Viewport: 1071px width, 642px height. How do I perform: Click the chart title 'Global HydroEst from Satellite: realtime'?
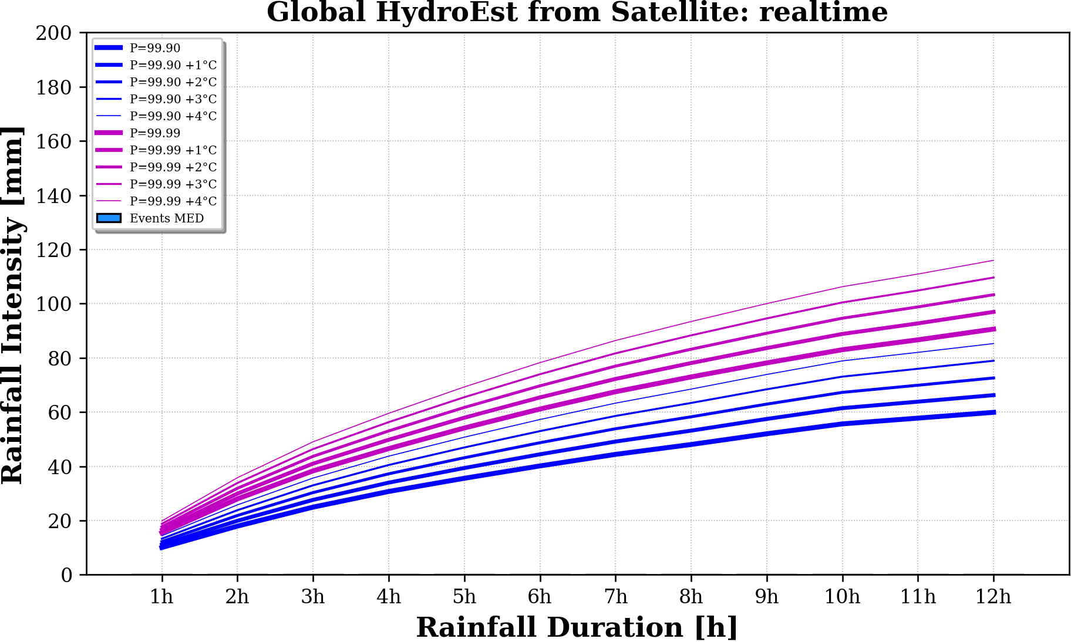[577, 12]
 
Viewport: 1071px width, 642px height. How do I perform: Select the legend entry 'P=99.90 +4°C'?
[173, 116]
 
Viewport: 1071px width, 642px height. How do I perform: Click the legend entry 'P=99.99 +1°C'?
[173, 150]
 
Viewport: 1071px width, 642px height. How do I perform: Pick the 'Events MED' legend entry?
[167, 218]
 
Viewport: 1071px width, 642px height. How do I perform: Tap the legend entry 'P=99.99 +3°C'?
[173, 184]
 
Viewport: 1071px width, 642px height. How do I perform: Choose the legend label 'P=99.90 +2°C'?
[173, 82]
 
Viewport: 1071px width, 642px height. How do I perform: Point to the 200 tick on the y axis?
[53, 33]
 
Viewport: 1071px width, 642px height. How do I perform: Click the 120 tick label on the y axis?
[53, 250]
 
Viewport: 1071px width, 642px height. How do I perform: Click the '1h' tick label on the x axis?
[161, 597]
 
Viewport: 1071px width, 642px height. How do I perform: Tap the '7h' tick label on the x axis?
[615, 597]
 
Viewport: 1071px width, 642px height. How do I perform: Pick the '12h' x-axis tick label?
[993, 597]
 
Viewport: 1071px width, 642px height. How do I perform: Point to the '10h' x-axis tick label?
[842, 597]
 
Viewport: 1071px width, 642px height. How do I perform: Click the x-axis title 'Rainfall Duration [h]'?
[577, 627]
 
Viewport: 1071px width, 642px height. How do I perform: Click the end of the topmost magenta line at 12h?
[993, 261]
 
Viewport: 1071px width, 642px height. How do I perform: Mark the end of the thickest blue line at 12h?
[993, 413]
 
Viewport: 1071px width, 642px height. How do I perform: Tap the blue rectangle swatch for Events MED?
[109, 218]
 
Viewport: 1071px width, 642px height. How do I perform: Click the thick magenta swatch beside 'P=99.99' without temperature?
[109, 133]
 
